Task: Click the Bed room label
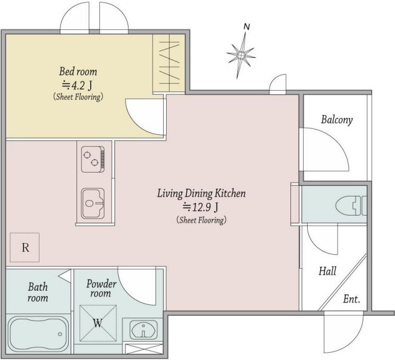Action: click(x=78, y=72)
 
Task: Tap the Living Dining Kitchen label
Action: click(x=201, y=193)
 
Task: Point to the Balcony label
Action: click(x=337, y=119)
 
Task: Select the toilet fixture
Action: click(x=351, y=205)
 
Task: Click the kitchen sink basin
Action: click(x=93, y=204)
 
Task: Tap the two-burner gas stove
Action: click(x=93, y=159)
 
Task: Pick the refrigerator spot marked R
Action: click(x=25, y=248)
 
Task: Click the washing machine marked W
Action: click(x=98, y=323)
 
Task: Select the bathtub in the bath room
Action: click(x=38, y=335)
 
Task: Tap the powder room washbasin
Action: click(x=143, y=330)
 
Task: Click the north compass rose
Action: click(x=241, y=55)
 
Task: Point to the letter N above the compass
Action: click(x=247, y=26)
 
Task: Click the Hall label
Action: click(x=327, y=271)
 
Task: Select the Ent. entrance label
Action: click(x=351, y=299)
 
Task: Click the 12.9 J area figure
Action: click(x=201, y=207)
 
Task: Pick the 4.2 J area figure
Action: click(x=77, y=85)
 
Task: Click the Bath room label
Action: click(x=38, y=293)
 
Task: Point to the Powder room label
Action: click(x=101, y=288)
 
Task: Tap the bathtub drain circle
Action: click(x=60, y=334)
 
